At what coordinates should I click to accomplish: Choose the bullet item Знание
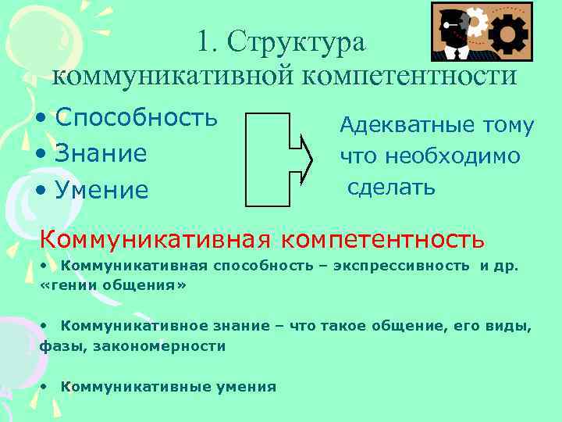point(101,153)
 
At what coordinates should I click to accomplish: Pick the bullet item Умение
point(102,189)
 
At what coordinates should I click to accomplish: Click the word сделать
point(391,187)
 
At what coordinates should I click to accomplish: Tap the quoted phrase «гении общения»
point(112,285)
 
